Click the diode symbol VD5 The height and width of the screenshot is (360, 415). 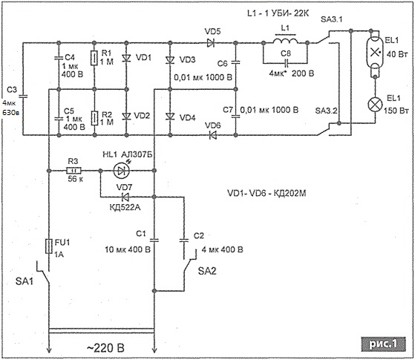pos(211,43)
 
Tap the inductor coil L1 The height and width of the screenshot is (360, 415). pos(285,41)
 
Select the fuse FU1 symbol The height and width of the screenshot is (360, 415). pos(49,246)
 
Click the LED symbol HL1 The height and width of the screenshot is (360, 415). pos(122,171)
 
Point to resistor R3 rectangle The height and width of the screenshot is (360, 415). pos(73,171)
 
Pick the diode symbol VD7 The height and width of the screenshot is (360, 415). pos(125,197)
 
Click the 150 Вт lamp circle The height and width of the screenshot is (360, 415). pos(376,104)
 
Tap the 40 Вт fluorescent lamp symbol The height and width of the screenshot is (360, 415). pos(374,53)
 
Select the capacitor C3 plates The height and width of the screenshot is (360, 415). pos(23,96)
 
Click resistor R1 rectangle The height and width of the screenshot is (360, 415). pos(94,58)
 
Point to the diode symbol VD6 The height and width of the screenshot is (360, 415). pos(212,135)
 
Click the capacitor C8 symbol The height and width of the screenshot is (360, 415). pos(285,63)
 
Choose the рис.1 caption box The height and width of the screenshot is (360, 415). pos(383,344)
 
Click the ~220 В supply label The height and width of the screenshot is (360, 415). pos(105,348)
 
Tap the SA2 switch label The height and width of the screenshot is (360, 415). pos(207,271)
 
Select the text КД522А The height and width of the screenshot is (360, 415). pos(125,207)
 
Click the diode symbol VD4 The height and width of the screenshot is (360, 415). pos(170,117)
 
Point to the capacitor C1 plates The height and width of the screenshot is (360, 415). pos(154,240)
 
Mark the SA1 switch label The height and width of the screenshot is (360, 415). pos(24,281)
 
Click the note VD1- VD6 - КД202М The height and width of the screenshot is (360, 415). pos(267,193)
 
